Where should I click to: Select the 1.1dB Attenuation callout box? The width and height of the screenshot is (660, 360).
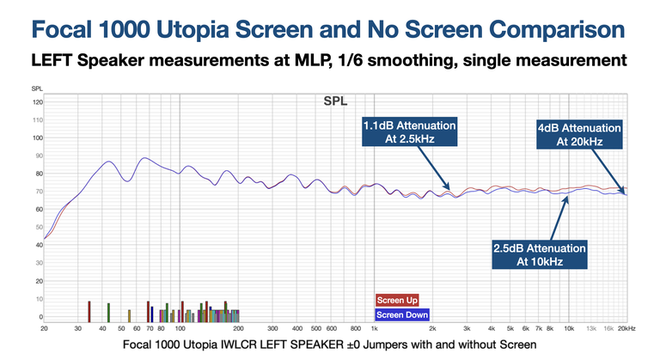[407, 134]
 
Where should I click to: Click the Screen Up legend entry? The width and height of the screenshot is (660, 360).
[397, 301]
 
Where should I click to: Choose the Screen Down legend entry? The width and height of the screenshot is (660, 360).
[401, 314]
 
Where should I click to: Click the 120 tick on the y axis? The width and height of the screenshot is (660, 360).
[37, 102]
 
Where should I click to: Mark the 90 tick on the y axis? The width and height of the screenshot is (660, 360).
[37, 156]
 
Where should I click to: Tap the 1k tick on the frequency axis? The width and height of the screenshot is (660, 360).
[374, 327]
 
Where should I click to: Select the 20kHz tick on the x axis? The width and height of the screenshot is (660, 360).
[626, 327]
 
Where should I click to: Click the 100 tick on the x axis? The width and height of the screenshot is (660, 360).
[179, 327]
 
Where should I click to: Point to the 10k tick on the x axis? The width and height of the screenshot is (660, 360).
[568, 327]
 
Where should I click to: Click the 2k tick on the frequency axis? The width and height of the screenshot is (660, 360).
[432, 327]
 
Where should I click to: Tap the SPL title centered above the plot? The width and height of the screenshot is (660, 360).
[335, 101]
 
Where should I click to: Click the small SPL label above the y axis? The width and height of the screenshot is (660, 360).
[37, 89]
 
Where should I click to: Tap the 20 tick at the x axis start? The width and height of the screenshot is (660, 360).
[44, 327]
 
